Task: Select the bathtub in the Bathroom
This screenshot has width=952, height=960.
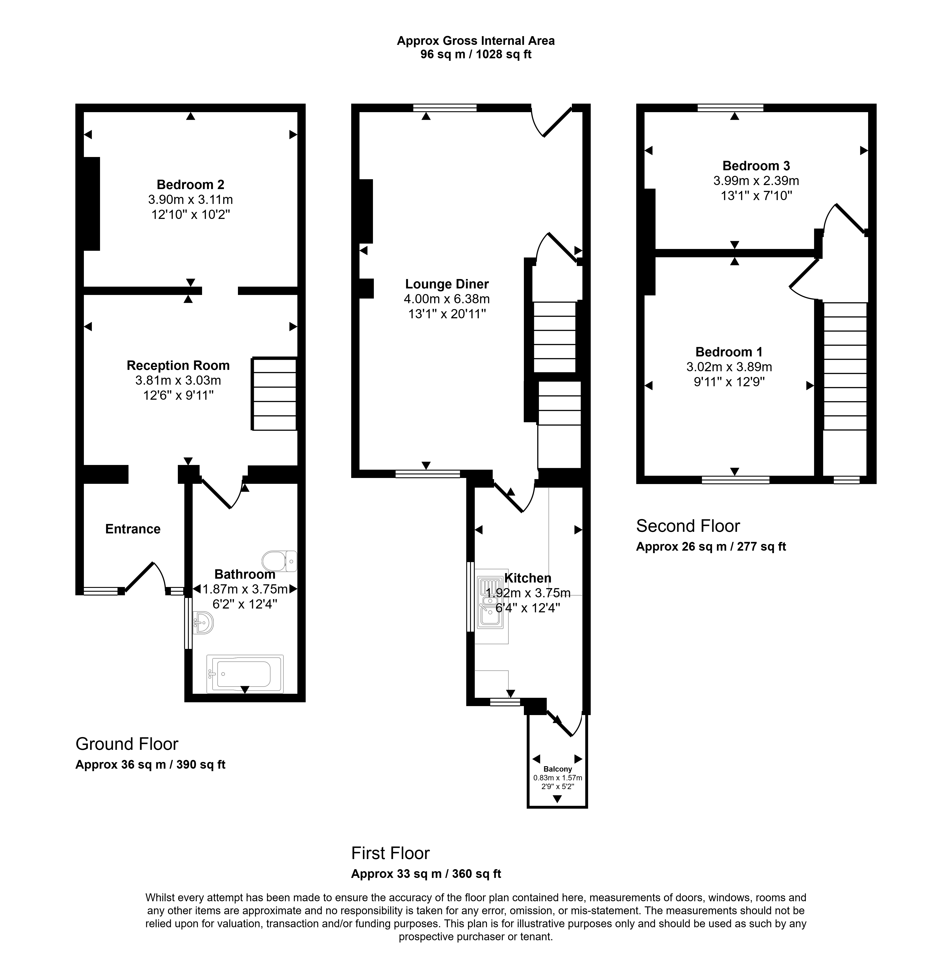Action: coord(245,674)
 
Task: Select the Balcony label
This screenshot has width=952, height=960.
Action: coord(558,769)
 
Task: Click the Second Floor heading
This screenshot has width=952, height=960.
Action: coord(688,526)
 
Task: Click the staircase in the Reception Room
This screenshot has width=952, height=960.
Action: coord(275,394)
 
